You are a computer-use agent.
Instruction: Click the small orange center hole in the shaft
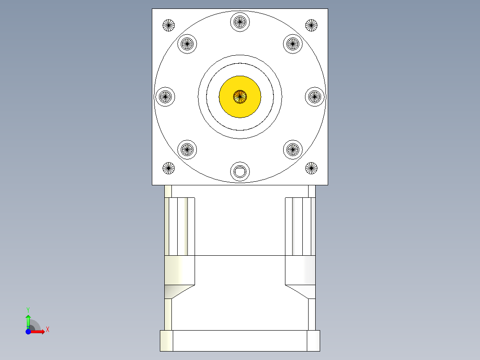point(240,96)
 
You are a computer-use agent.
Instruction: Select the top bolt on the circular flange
point(240,21)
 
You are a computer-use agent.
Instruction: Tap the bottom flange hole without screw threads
point(240,171)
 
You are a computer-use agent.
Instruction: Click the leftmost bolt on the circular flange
point(165,96)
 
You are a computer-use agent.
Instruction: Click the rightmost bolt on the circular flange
point(315,96)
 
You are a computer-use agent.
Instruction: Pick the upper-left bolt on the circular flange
point(187,44)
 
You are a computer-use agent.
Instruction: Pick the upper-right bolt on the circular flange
point(293,44)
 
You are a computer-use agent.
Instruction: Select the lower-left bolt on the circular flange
point(187,149)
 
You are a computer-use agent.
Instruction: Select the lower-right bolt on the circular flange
point(293,149)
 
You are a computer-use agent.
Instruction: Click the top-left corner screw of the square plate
point(168,25)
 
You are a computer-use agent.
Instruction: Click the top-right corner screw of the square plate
point(311,25)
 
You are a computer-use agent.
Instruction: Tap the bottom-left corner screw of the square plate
point(168,168)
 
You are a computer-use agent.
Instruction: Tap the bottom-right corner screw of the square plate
point(311,168)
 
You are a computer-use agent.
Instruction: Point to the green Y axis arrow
point(28,320)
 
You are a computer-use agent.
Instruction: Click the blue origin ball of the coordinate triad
point(28,332)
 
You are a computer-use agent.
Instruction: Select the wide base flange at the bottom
point(240,341)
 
